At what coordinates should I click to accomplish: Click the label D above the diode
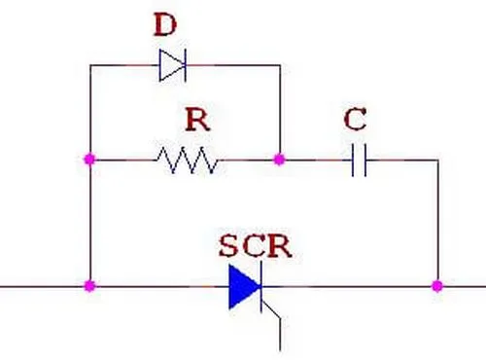165,25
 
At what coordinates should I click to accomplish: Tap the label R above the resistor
198,120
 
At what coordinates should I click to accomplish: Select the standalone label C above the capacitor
356,120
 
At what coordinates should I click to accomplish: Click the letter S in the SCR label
228,246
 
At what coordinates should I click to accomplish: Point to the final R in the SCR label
280,246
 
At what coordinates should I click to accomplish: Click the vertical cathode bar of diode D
185,65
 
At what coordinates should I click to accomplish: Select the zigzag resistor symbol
188,160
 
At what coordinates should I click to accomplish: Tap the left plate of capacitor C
353,161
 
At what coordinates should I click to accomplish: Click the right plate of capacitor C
365,161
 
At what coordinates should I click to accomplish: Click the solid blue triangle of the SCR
244,287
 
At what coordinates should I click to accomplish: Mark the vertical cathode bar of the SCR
261,287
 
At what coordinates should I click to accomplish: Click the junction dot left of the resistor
89,160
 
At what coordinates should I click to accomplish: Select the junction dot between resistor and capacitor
279,160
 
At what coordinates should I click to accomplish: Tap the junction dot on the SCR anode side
89,286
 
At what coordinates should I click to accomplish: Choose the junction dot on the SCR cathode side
437,286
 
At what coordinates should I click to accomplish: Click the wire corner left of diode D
90,65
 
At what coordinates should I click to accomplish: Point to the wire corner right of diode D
280,65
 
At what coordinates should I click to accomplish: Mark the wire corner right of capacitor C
438,161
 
